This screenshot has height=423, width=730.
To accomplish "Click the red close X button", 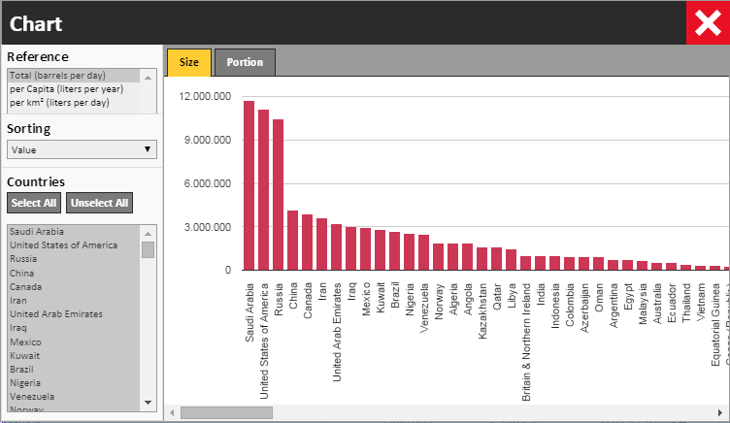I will (x=706, y=21).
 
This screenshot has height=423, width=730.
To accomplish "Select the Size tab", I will (x=189, y=62).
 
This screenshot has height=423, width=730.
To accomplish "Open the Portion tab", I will (x=245, y=62).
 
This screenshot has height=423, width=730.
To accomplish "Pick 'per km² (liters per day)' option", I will (x=57, y=102).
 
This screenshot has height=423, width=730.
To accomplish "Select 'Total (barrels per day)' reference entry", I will (x=57, y=75).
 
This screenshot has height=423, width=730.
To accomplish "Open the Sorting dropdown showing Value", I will (x=81, y=149).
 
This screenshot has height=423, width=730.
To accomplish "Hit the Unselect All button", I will (x=99, y=203).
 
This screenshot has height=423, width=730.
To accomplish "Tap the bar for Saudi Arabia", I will (x=249, y=185).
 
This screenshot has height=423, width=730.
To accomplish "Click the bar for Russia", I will (x=278, y=194).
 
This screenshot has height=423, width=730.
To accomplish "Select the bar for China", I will (x=292, y=240).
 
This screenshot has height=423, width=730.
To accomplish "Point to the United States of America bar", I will (x=263, y=189).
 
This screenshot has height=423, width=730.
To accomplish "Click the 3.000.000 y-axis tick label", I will (x=209, y=227).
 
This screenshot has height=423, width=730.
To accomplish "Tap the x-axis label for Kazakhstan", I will (x=482, y=304).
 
